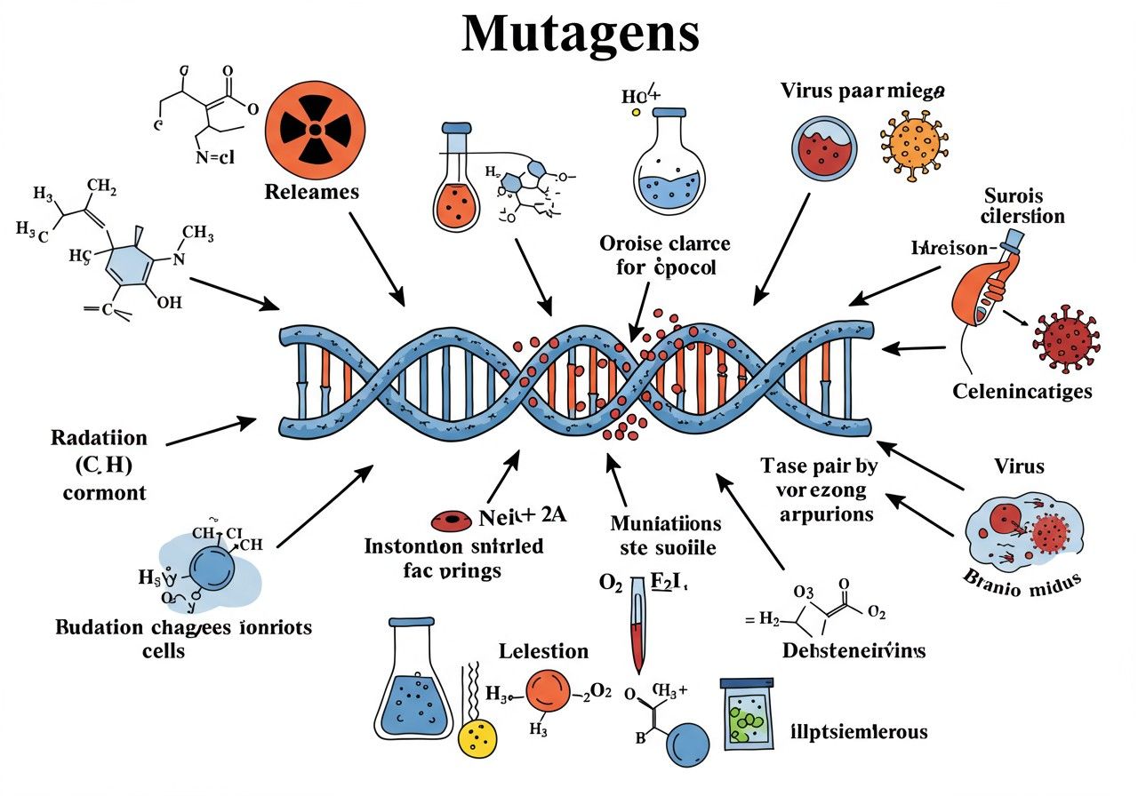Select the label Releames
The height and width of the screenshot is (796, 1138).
tap(311, 191)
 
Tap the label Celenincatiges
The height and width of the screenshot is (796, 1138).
tap(1022, 391)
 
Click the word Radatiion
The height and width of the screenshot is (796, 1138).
tap(99, 438)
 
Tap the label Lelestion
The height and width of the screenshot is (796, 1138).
tap(543, 651)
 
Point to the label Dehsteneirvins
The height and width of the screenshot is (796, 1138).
tap(854, 650)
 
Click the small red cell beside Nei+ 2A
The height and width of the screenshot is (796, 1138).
tap(450, 521)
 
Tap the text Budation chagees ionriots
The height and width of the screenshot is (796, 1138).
tap(184, 628)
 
